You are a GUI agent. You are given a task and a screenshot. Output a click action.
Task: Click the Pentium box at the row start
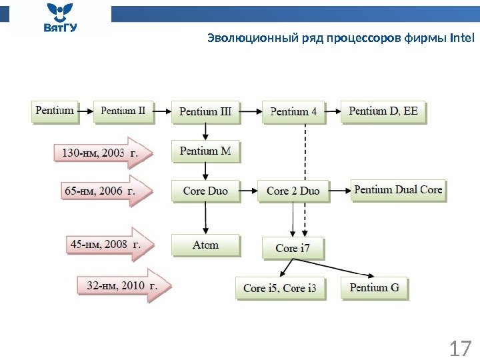[x=55, y=111]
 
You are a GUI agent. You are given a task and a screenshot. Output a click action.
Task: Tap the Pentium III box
[x=205, y=111]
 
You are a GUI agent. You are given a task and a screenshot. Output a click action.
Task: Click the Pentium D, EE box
[x=383, y=111]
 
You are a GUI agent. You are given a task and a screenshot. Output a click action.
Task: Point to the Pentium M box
[x=205, y=151]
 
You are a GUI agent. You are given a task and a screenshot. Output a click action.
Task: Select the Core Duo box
[x=205, y=191]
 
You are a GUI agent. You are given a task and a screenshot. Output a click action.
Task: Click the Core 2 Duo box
[x=293, y=191]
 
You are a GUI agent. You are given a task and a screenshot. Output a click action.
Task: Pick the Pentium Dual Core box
[x=398, y=190]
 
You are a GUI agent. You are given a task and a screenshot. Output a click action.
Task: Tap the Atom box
[x=205, y=245]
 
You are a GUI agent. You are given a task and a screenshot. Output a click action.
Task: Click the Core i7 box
[x=293, y=248]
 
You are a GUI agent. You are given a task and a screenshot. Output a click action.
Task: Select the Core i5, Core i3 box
[x=280, y=288]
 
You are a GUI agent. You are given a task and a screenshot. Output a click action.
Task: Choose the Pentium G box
[x=375, y=287]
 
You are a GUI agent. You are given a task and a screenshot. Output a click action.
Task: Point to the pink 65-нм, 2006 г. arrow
[x=100, y=191]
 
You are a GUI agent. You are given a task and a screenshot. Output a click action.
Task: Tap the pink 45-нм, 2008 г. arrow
[x=107, y=245]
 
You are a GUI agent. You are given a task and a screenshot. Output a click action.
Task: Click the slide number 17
[x=460, y=347]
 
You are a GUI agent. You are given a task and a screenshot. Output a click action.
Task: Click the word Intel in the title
[x=462, y=37]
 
